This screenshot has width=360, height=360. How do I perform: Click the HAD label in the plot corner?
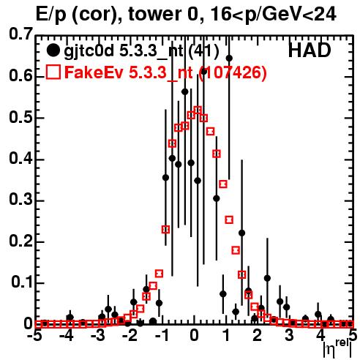[x=310, y=50]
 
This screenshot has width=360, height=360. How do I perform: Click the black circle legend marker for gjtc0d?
[x=53, y=50]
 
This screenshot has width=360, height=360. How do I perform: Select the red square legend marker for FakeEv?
[x=53, y=72]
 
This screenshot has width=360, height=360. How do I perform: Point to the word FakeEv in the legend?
[x=94, y=72]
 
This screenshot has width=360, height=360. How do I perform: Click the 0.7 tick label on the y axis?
[x=20, y=34]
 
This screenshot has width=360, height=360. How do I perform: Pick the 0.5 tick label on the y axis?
[x=20, y=117]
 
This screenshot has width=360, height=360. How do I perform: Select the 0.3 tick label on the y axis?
[x=20, y=200]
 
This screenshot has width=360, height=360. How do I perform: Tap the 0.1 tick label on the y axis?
[x=22, y=282]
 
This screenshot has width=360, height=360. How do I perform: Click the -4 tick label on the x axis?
[x=67, y=335]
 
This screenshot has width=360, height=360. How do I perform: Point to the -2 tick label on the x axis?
[x=130, y=335]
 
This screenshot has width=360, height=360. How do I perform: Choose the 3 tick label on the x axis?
[x=289, y=335]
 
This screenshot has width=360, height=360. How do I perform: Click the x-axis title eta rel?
[x=337, y=349]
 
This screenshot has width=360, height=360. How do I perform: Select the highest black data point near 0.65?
[x=229, y=59]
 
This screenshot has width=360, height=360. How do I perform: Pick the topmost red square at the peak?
[x=198, y=110]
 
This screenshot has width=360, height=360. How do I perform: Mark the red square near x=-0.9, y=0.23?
[x=165, y=230]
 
